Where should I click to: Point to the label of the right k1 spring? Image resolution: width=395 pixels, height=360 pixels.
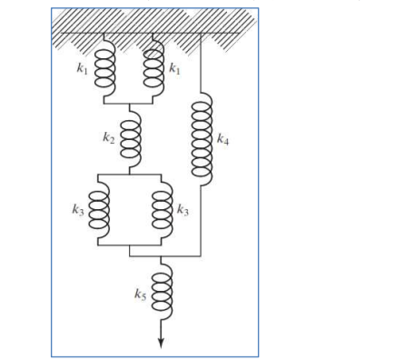pos(174,67)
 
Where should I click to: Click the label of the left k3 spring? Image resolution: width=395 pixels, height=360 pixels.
pos(80,210)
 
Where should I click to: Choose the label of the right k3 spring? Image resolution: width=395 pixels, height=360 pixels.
pos(183,210)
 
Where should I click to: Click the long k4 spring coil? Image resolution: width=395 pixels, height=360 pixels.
pos(200,139)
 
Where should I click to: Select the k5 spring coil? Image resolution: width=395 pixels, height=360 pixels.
pos(162,292)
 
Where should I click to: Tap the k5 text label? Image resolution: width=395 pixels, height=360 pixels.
pos(140,295)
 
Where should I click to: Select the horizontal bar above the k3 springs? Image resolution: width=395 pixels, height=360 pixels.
pos(131,173)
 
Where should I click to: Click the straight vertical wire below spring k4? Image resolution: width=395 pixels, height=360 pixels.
pos(200,218)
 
